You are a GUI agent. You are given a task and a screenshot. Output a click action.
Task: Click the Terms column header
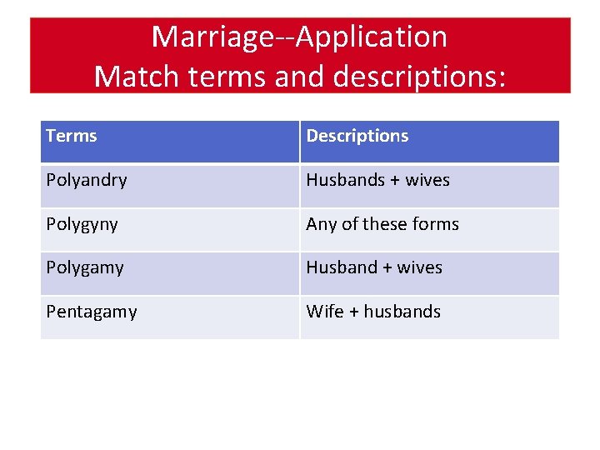[72, 136]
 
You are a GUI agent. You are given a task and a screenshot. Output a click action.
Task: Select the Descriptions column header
[357, 136]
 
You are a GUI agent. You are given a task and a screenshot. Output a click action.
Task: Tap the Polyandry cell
[87, 180]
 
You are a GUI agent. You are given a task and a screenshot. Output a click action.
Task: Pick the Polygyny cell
[82, 224]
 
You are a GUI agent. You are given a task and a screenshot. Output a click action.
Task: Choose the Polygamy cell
[85, 267]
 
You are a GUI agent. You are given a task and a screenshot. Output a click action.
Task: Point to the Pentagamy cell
[92, 312]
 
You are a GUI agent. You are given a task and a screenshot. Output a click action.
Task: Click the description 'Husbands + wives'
[377, 180]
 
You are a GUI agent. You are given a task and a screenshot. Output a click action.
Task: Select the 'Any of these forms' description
[382, 224]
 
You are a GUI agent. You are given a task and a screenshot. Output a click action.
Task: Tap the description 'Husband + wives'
[374, 267]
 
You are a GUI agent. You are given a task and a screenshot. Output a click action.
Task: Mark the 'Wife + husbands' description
[373, 312]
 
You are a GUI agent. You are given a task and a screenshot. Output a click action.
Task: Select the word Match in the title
[138, 76]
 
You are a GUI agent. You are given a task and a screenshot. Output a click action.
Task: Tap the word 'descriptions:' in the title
[419, 76]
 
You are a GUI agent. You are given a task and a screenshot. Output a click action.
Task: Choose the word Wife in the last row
[325, 312]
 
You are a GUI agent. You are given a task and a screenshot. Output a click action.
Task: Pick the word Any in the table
[321, 224]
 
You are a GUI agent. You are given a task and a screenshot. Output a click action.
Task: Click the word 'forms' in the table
[436, 224]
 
